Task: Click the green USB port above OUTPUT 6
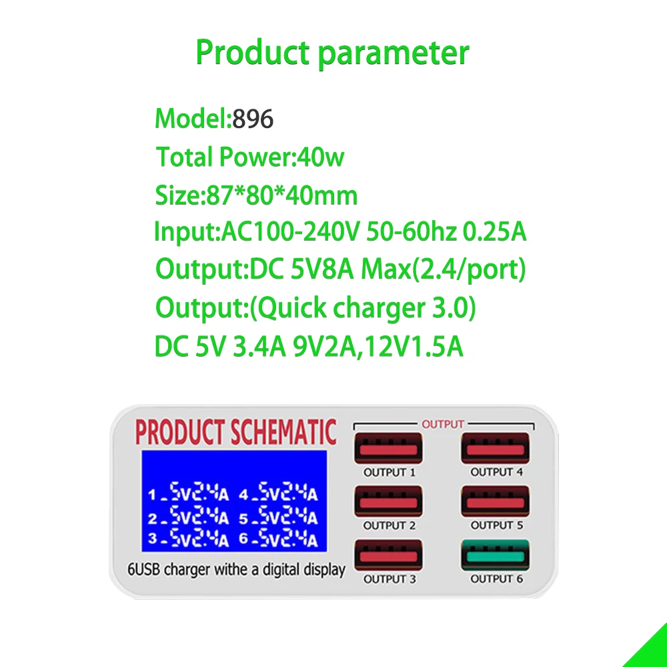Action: (495, 556)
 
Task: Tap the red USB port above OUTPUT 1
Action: (388, 449)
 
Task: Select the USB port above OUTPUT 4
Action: (495, 449)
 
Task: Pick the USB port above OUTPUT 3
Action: (388, 556)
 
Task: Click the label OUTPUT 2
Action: (390, 526)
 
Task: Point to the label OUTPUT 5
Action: (496, 526)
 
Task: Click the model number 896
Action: (253, 119)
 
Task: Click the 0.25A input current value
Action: (494, 233)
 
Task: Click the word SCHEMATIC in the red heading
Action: (284, 433)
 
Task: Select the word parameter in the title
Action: (393, 53)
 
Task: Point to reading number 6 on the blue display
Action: (278, 538)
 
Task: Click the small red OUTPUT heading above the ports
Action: (443, 424)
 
